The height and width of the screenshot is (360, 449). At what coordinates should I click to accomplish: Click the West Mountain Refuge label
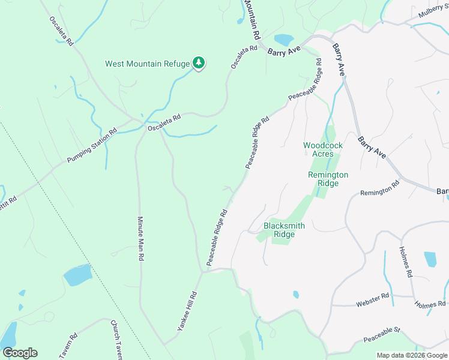(147, 64)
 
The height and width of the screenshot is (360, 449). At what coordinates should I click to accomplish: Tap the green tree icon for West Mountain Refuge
(199, 63)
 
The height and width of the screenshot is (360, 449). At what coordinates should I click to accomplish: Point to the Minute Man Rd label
(140, 238)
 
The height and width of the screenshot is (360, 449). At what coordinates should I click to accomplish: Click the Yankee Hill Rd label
(187, 311)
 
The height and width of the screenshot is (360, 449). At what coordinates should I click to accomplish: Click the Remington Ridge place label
(328, 179)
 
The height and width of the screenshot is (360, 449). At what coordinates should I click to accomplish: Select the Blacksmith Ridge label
(284, 230)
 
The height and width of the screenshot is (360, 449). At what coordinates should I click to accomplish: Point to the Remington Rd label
(379, 189)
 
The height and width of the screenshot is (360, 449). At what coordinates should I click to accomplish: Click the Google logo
(20, 353)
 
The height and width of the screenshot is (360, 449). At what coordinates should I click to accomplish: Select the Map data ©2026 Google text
(412, 355)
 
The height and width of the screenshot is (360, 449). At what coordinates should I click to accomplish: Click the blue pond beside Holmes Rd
(430, 259)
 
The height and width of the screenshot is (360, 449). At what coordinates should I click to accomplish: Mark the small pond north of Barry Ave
(283, 40)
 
